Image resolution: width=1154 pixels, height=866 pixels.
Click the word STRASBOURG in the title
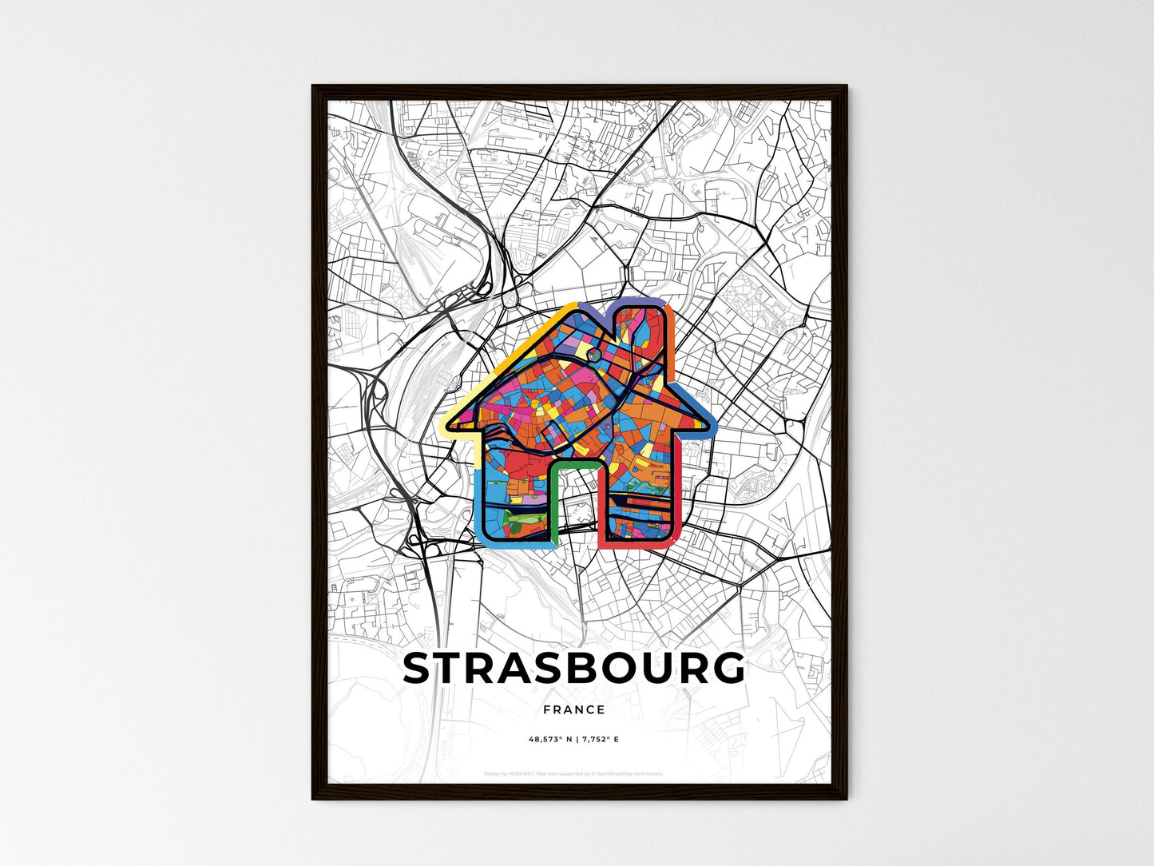573,669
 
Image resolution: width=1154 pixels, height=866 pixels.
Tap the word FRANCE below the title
573,709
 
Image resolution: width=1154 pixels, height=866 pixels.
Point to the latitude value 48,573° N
550,740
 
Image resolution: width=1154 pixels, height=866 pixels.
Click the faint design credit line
573,773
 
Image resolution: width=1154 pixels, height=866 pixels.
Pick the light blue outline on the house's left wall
478,503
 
